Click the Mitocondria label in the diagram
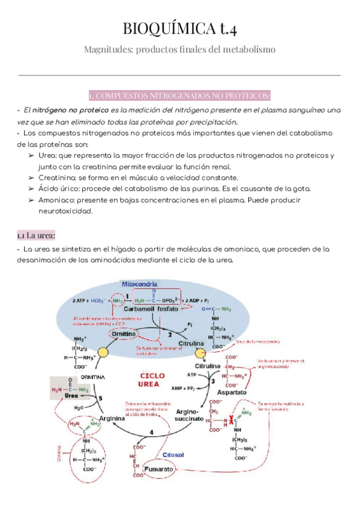point(140,283)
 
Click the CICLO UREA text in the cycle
point(151,364)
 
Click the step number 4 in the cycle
point(151,432)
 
